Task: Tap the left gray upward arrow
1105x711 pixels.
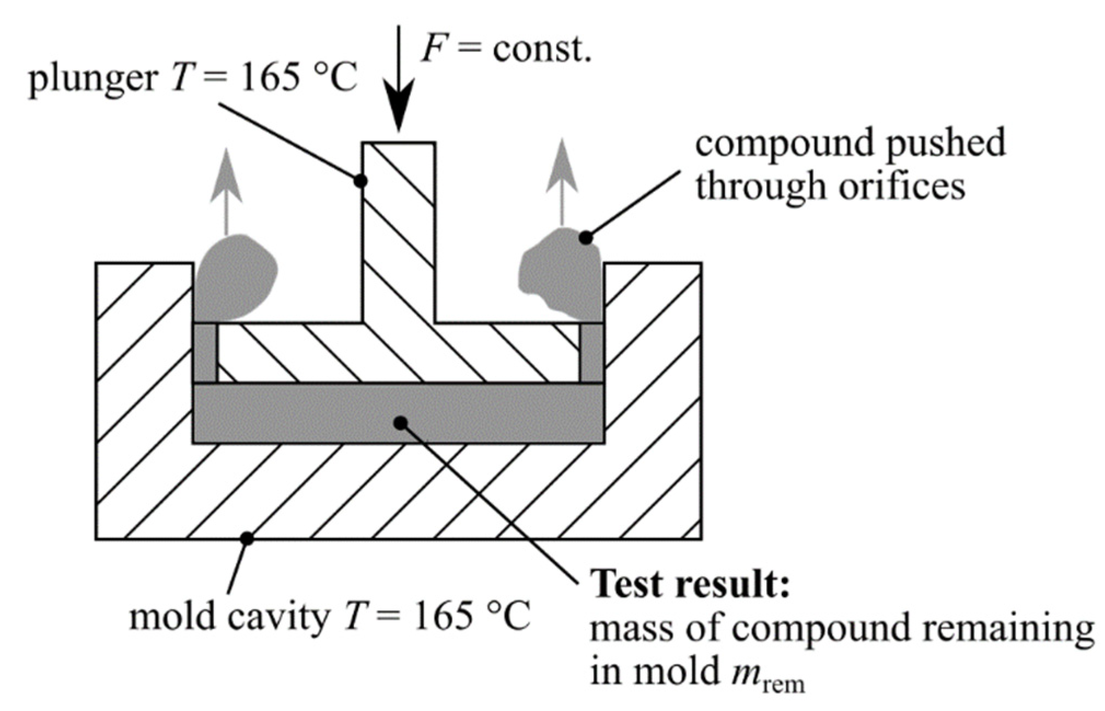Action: [226, 186]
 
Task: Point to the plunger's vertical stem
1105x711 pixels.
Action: [399, 230]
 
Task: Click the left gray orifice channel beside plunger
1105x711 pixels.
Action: [206, 353]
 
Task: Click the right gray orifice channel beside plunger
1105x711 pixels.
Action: [592, 353]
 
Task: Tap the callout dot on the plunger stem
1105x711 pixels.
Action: [360, 181]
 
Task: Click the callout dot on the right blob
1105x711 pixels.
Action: [586, 238]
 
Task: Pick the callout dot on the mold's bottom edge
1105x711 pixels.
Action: [247, 538]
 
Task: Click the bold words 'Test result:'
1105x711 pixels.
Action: [692, 584]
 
